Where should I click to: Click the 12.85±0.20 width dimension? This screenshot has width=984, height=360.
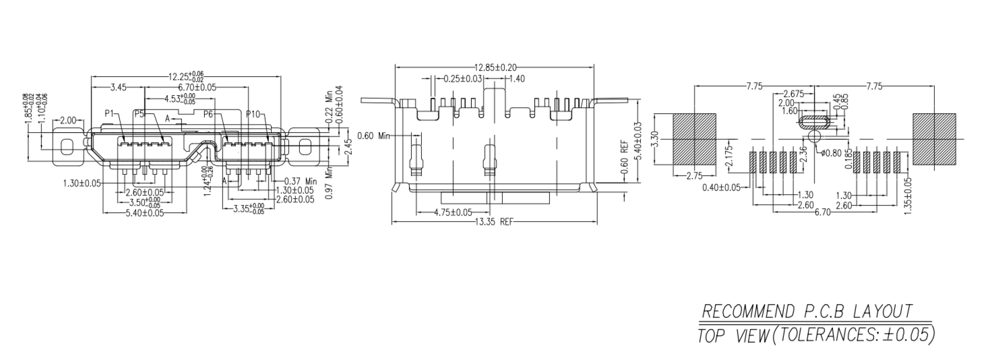point(495,67)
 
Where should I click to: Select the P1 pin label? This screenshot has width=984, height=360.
point(110,114)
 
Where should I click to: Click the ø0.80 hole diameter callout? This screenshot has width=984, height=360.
point(833,153)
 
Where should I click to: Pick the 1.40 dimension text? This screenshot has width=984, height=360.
point(517,79)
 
